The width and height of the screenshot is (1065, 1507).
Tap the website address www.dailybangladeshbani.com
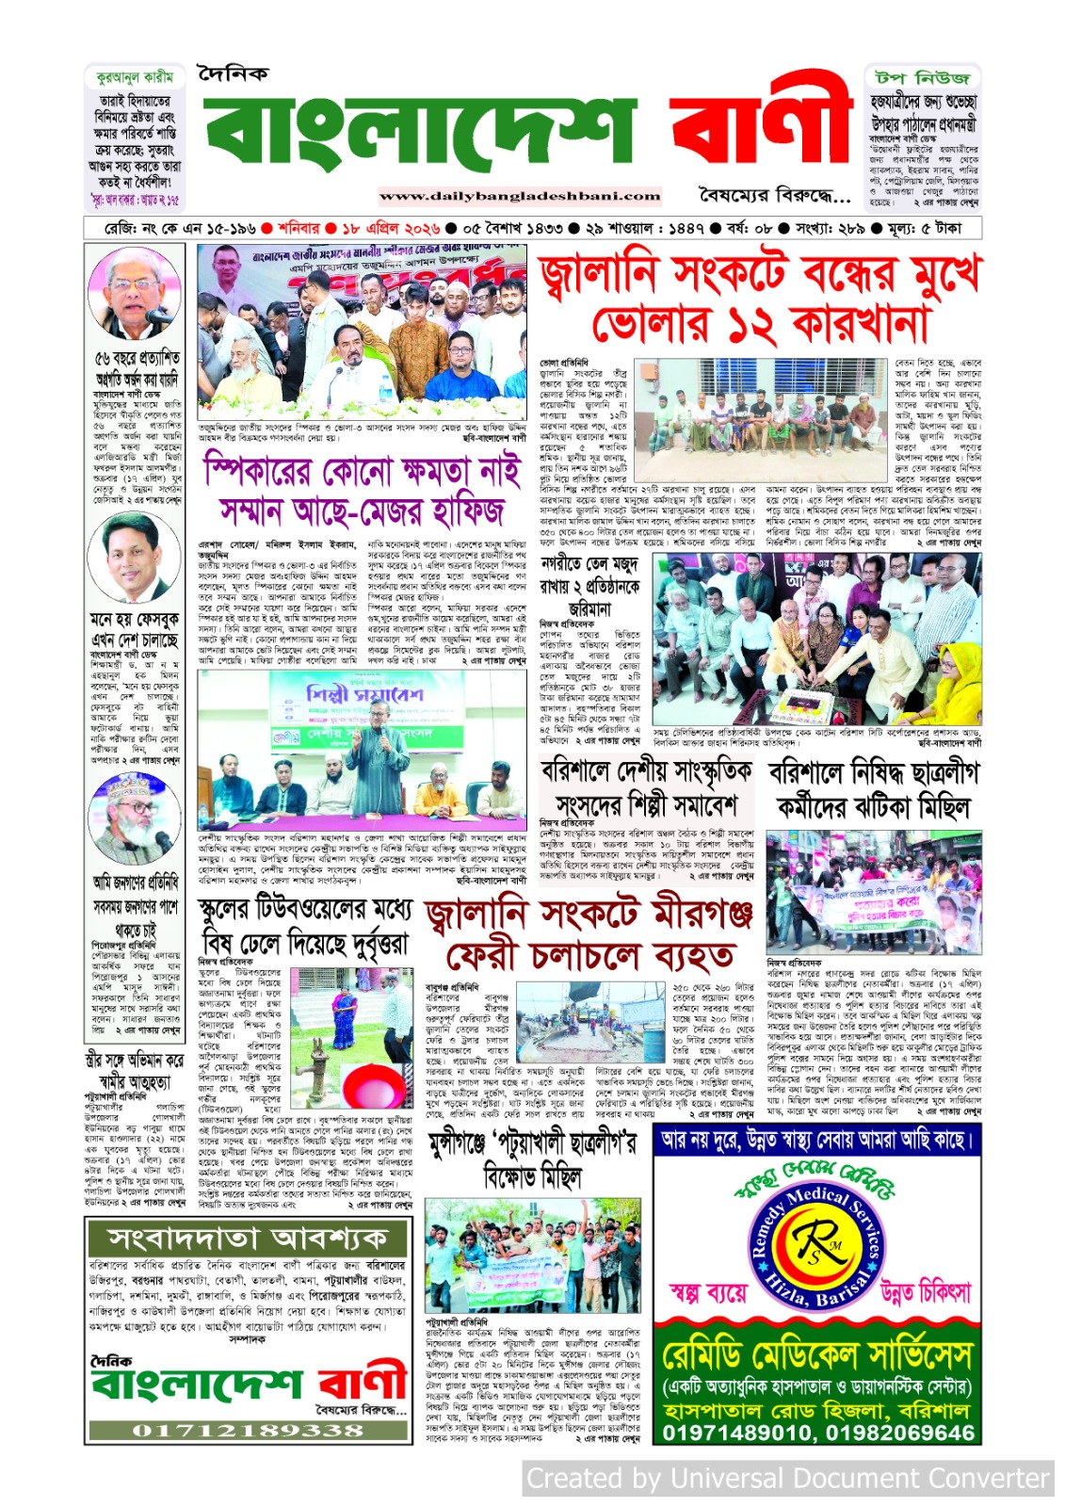[x=520, y=197]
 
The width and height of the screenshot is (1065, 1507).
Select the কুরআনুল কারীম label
[x=135, y=77]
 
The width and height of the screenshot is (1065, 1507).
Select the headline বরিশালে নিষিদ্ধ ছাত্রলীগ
[x=874, y=773]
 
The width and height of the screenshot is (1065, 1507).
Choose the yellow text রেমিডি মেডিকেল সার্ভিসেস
[x=816, y=1356]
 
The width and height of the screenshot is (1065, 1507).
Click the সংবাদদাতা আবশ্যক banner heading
[x=249, y=1237]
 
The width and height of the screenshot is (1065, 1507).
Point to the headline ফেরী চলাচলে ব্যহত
[x=589, y=956]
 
